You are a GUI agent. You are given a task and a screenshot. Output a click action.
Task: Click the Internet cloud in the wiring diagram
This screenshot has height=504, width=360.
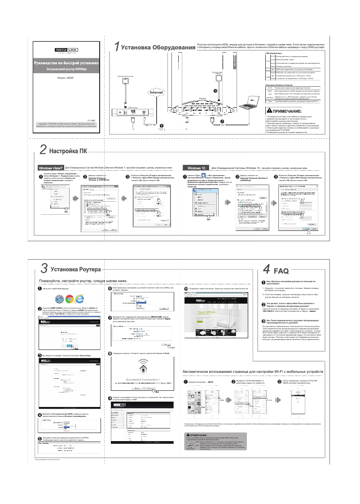pos(159,92)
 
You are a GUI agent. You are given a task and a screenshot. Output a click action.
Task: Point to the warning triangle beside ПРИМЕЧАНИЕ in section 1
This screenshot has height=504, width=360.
pos(269,111)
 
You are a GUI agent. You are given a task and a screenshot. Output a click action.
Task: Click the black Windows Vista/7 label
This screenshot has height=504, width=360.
pos(50,168)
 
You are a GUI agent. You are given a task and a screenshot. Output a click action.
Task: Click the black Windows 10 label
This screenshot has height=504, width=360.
pos(196,168)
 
